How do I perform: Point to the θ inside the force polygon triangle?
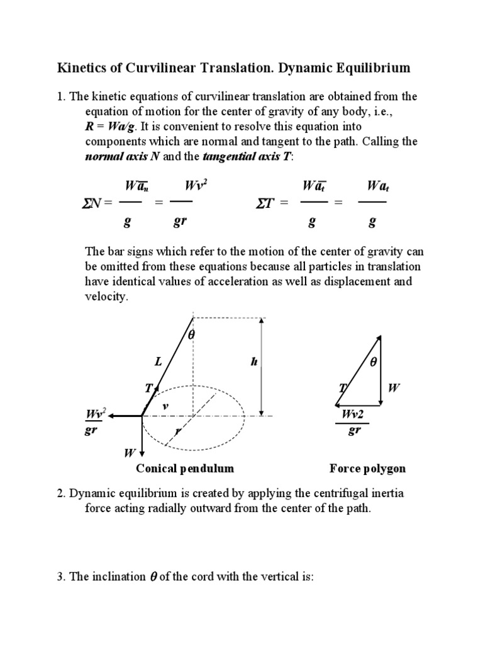[372, 363]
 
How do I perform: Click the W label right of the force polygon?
[394, 388]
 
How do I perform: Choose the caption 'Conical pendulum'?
[185, 469]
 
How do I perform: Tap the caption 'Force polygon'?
[367, 469]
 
